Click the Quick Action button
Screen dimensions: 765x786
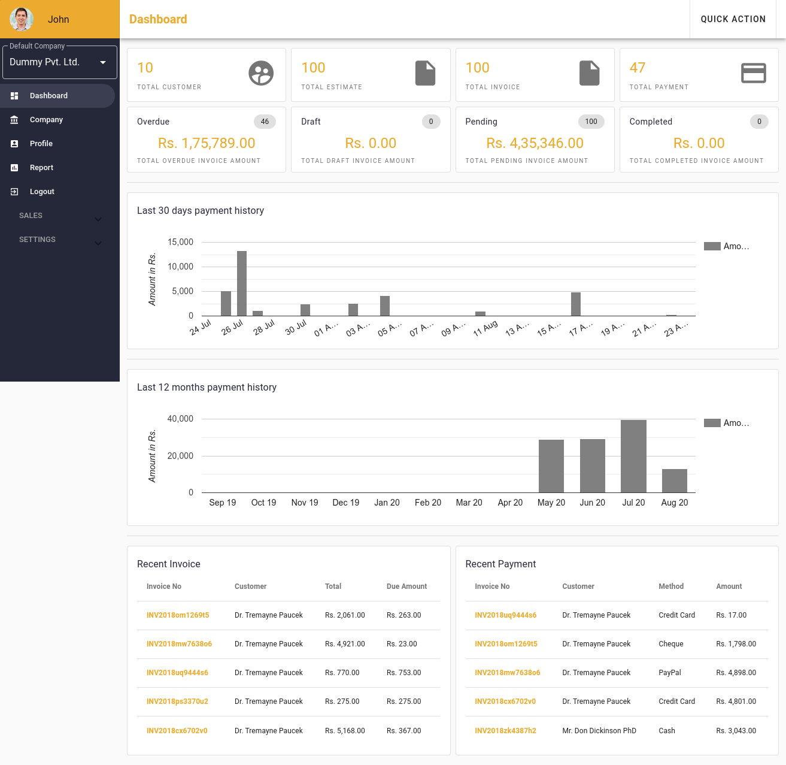(x=733, y=19)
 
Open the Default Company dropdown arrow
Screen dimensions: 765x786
(x=103, y=62)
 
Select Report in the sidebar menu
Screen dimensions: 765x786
(x=41, y=168)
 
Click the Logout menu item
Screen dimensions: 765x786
(x=42, y=192)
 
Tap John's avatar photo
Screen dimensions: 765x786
(x=22, y=19)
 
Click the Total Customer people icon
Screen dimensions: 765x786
(x=261, y=74)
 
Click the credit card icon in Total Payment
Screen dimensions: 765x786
(x=753, y=73)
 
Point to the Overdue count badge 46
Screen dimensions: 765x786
(x=265, y=122)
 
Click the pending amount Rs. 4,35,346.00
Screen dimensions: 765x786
(x=535, y=143)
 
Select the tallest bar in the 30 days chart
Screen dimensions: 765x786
(x=242, y=283)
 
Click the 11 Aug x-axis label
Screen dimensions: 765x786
(x=485, y=328)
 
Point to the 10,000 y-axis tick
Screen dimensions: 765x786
(x=181, y=267)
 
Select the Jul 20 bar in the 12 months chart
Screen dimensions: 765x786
(x=633, y=456)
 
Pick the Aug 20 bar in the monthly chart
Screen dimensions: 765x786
(x=675, y=480)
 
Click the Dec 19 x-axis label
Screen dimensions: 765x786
(x=346, y=503)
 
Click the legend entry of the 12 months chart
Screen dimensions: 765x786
(x=727, y=423)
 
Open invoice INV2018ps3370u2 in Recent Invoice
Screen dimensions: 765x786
(x=177, y=701)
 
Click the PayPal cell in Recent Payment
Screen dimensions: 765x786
(x=670, y=673)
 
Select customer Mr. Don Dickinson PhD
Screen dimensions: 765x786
(x=599, y=731)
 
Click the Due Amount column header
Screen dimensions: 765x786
(x=406, y=586)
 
